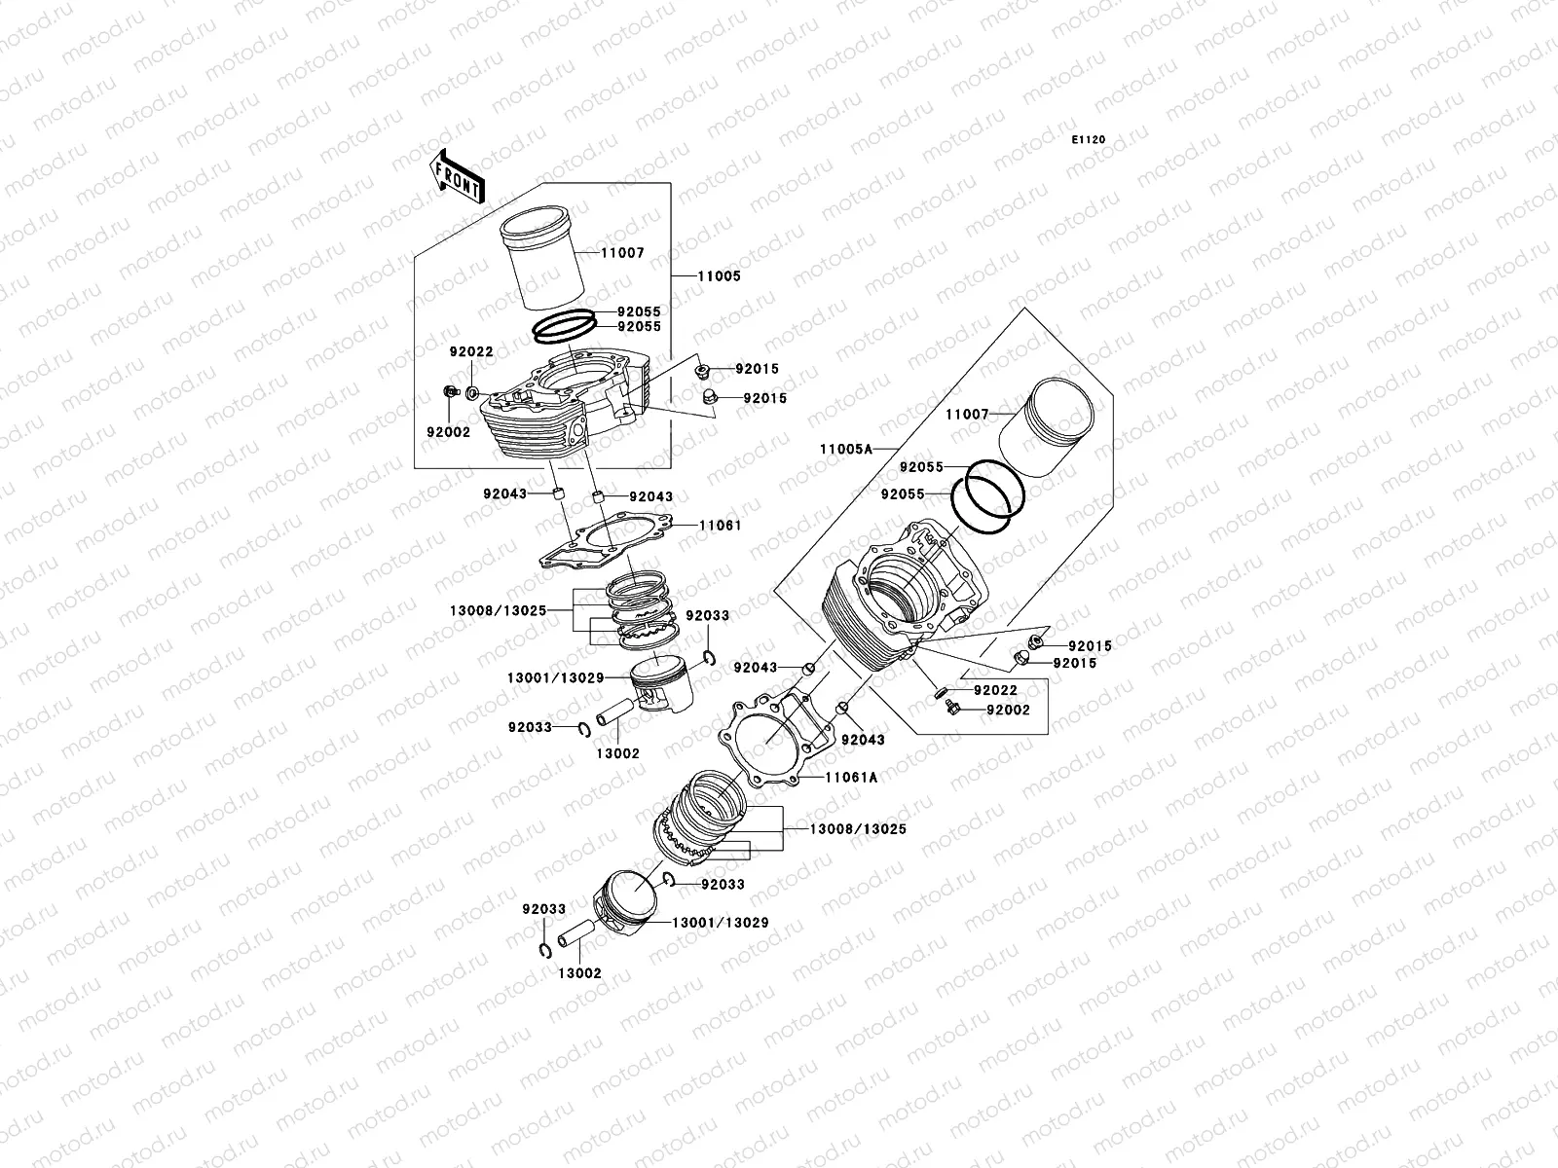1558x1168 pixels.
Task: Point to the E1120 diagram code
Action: click(1090, 140)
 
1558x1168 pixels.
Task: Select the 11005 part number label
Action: click(719, 275)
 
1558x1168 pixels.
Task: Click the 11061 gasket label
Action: click(720, 526)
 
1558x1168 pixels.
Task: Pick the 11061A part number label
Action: click(851, 778)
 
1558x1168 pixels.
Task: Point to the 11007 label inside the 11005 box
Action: click(622, 253)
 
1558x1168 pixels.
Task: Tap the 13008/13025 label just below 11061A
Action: click(858, 829)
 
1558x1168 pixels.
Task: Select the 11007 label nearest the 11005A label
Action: click(967, 415)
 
